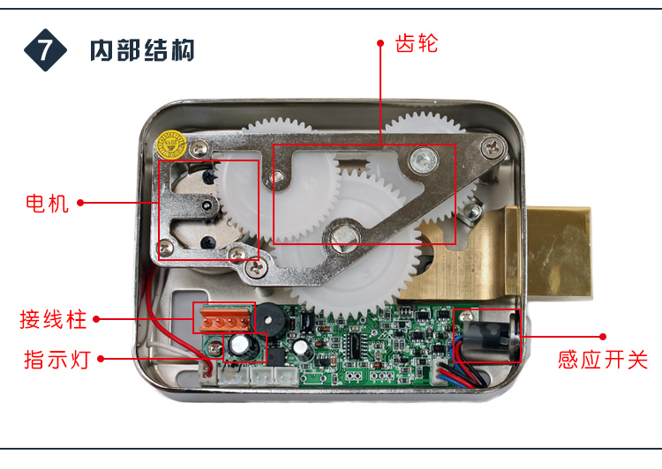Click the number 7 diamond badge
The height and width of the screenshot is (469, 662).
click(x=45, y=50)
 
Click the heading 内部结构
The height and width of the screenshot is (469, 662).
click(x=142, y=50)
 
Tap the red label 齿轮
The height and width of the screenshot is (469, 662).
click(x=417, y=43)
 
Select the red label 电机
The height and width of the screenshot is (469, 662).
click(x=47, y=204)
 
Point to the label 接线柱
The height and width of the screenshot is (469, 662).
click(x=53, y=319)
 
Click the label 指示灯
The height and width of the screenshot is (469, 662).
click(x=57, y=360)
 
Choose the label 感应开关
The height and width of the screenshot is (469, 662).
click(x=603, y=360)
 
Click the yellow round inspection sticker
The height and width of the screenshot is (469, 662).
click(x=171, y=145)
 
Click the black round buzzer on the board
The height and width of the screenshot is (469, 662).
click(x=268, y=320)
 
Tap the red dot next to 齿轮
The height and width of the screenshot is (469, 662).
click(x=380, y=43)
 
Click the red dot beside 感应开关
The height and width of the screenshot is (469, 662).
click(x=603, y=337)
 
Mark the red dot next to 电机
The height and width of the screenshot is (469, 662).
click(x=80, y=203)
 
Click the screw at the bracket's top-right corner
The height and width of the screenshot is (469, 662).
click(x=493, y=147)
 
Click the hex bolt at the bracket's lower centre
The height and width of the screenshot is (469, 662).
click(x=342, y=234)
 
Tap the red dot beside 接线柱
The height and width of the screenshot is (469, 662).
click(x=97, y=319)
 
